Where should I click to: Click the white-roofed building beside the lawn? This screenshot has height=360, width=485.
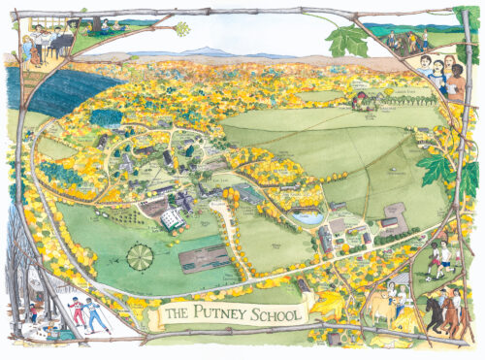pos(173,220)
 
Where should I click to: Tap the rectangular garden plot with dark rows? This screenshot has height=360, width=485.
pos(205,258)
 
